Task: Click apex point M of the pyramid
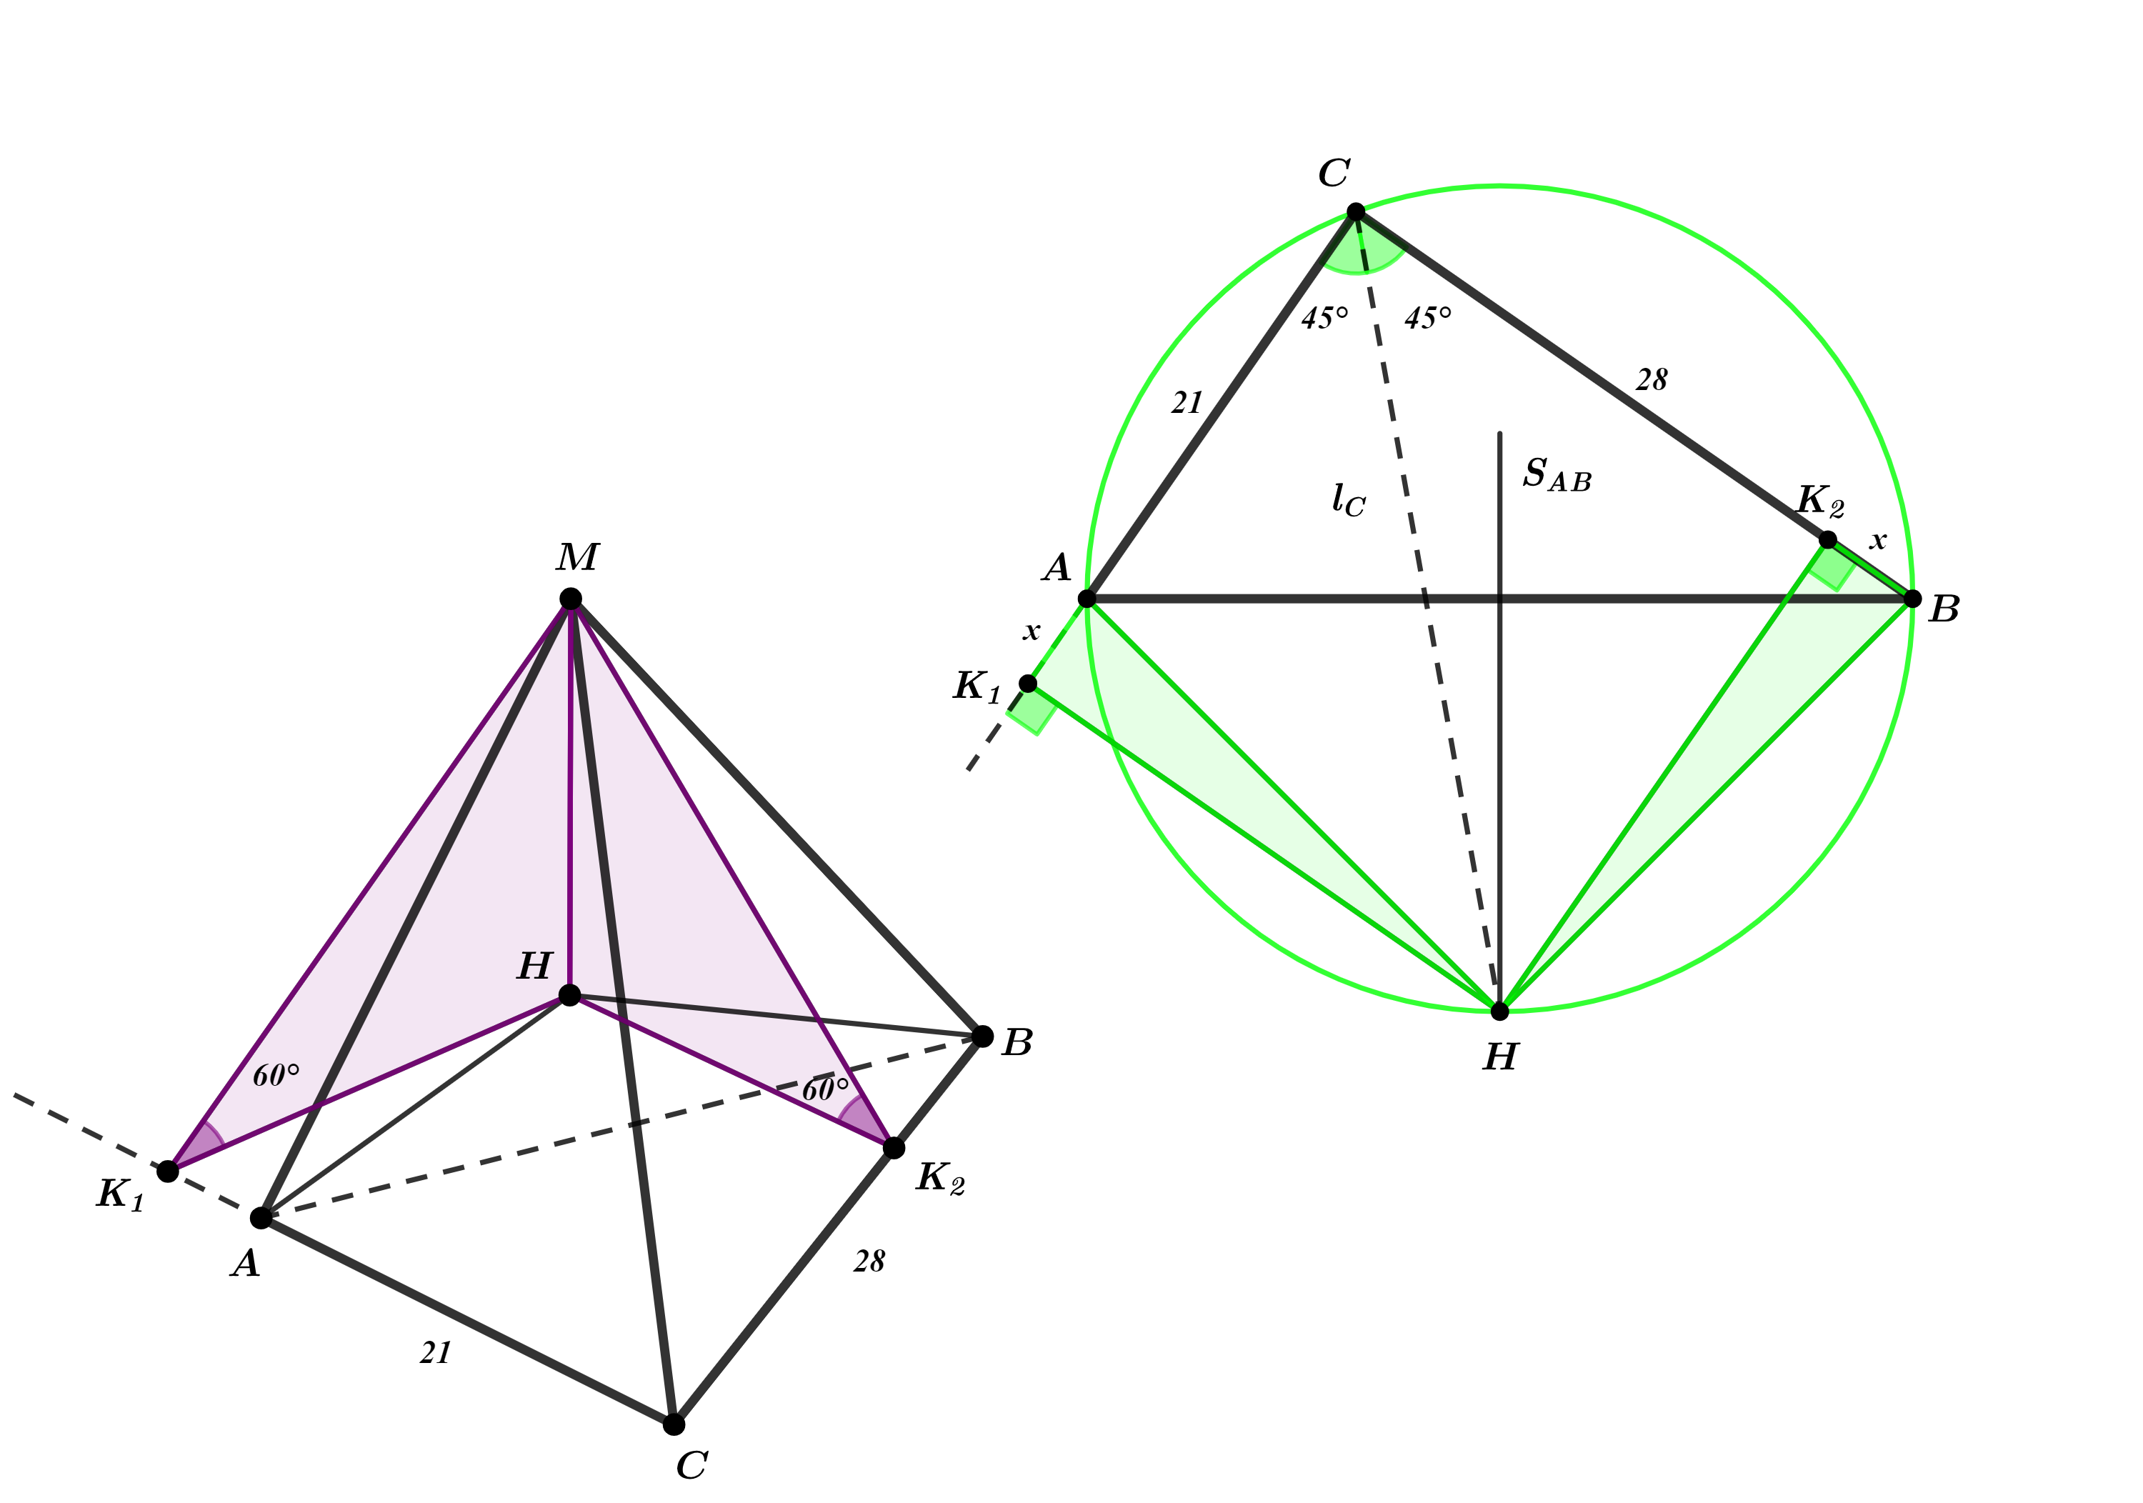(x=570, y=599)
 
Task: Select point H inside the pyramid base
(x=569, y=995)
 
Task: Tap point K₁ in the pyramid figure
(x=168, y=1171)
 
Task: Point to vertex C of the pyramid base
(x=674, y=1424)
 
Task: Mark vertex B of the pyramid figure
(x=983, y=1037)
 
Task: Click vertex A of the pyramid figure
(x=261, y=1217)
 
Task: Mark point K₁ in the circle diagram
(x=1028, y=684)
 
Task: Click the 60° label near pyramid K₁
(x=276, y=1075)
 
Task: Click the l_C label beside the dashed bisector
(x=1349, y=499)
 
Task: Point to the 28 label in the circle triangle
(x=1651, y=380)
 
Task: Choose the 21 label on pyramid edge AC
(x=436, y=1353)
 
